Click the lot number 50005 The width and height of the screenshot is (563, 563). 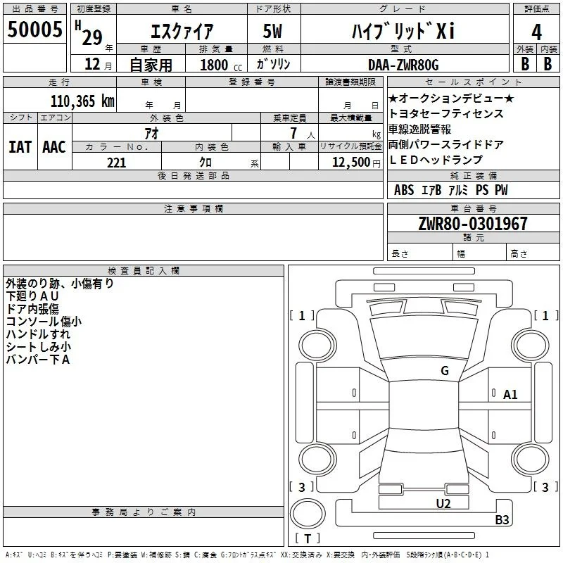tap(34, 30)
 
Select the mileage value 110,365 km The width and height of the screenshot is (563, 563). tap(82, 101)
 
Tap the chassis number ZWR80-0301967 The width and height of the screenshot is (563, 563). tap(473, 224)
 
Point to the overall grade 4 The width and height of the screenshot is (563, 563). tap(536, 32)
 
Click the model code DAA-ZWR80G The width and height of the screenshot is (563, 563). tap(403, 65)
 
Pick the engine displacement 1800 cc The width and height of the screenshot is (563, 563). tap(221, 65)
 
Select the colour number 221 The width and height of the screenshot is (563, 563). tap(116, 163)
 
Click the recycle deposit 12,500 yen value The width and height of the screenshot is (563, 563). tap(356, 163)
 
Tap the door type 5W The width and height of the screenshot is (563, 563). tap(272, 31)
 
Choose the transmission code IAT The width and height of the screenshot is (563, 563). tap(20, 147)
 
